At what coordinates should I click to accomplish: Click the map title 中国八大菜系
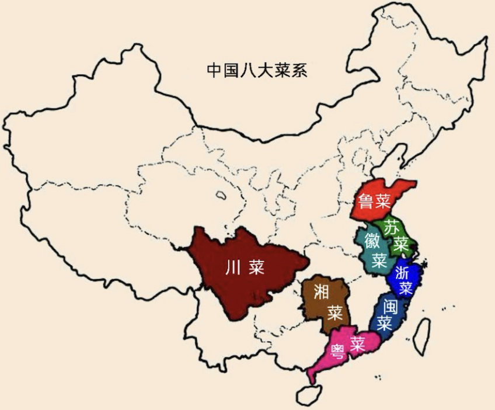coord(257,71)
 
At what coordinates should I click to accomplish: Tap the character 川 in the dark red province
coord(232,267)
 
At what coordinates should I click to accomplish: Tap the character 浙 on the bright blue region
coord(403,272)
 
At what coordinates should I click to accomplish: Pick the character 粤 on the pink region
coord(337,351)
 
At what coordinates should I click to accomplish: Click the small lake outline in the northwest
coord(221,197)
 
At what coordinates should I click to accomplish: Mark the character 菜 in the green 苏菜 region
coord(400,242)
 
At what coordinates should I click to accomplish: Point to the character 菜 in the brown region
coord(334,312)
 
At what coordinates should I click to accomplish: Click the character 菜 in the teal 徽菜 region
coord(380,259)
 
